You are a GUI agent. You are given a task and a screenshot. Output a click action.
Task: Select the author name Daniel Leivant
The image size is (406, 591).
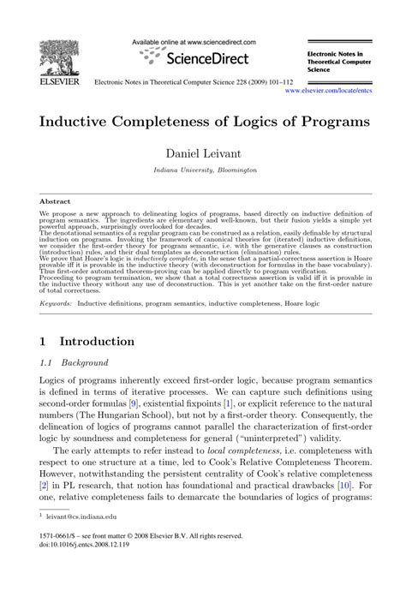click(x=204, y=154)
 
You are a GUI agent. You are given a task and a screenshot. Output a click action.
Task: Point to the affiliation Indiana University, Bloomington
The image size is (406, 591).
click(x=204, y=171)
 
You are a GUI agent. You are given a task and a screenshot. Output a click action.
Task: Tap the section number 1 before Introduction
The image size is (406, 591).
click(x=44, y=341)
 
